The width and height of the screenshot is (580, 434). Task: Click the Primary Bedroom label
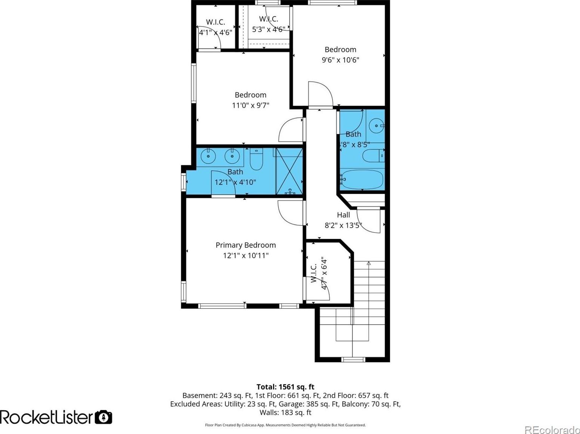pos(246,245)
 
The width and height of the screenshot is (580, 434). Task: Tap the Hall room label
pos(343,215)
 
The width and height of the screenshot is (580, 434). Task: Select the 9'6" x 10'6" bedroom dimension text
pos(340,60)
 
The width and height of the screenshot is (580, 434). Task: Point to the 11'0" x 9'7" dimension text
pos(250,106)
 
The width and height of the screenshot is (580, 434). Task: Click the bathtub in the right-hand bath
pos(361,179)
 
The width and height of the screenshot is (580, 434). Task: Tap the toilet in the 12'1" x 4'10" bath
pos(256,159)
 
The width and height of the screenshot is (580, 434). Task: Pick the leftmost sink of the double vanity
pos(209,156)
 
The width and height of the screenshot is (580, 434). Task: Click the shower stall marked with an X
pos(289,171)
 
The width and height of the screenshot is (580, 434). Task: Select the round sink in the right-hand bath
pos(377,125)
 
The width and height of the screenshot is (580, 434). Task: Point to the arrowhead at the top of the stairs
pos(369,263)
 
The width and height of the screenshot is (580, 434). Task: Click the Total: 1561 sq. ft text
pos(286,387)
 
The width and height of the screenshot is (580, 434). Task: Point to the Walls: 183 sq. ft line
pos(286,412)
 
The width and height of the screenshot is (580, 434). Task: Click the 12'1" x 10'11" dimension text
pos(246,255)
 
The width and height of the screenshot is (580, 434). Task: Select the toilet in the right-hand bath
pos(373,156)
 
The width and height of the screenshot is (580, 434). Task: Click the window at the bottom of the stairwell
pos(353,359)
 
